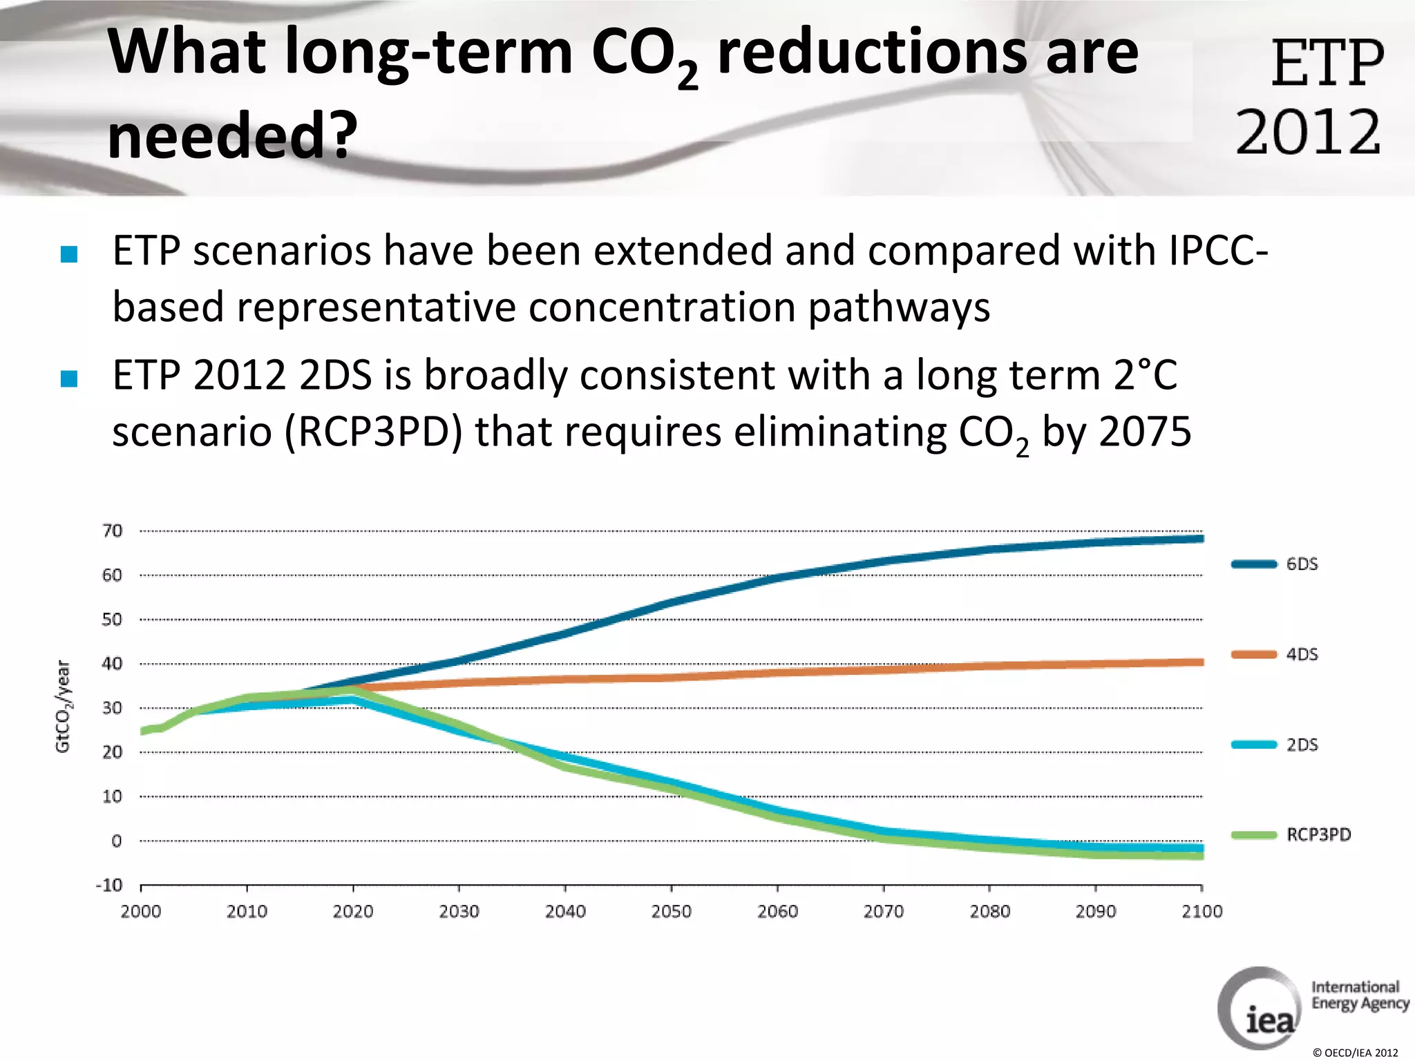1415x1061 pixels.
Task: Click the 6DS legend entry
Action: pyautogui.click(x=1302, y=564)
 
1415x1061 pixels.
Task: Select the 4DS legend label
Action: pyautogui.click(x=1302, y=654)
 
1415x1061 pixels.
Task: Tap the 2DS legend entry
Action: pyautogui.click(x=1302, y=745)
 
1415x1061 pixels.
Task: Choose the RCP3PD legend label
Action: pyautogui.click(x=1318, y=834)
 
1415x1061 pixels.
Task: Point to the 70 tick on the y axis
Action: pyautogui.click(x=112, y=530)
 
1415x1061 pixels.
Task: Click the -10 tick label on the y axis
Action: pyautogui.click(x=109, y=885)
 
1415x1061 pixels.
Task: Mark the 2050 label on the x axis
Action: pyautogui.click(x=671, y=912)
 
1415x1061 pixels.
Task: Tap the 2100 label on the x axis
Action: pyautogui.click(x=1202, y=912)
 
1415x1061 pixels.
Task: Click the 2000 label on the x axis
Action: pyautogui.click(x=141, y=912)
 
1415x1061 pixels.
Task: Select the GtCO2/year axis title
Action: pyautogui.click(x=63, y=706)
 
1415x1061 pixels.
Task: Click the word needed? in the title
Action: pyautogui.click(x=232, y=135)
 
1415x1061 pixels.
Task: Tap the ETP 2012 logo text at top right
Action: pyautogui.click(x=1311, y=97)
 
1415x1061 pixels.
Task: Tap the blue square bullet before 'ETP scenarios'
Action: pyautogui.click(x=69, y=254)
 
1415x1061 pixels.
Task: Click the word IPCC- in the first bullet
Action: pyautogui.click(x=1218, y=250)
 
